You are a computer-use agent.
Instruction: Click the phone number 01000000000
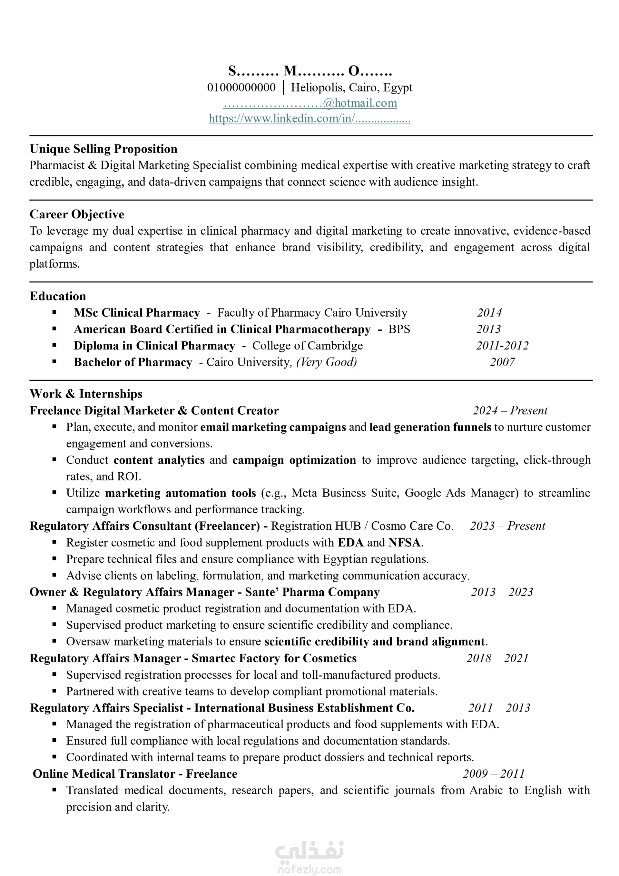click(241, 87)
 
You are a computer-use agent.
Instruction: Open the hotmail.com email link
click(310, 103)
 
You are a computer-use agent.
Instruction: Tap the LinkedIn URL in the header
click(309, 119)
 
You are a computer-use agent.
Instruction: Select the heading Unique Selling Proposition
click(103, 149)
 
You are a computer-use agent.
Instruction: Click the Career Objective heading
click(77, 214)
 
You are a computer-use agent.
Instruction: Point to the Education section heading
click(58, 296)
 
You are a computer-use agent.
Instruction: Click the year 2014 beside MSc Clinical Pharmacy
click(489, 313)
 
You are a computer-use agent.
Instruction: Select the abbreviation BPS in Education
click(399, 329)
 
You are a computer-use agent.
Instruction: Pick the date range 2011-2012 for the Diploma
click(502, 346)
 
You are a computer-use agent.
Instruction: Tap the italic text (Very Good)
click(326, 362)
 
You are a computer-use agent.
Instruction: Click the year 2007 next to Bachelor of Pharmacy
click(502, 362)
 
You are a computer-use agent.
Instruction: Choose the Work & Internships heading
click(86, 394)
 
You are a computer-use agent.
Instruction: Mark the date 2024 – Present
click(510, 410)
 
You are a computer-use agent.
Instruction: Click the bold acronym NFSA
click(405, 543)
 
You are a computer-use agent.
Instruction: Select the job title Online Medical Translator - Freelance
click(135, 774)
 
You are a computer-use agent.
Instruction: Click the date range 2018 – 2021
click(497, 658)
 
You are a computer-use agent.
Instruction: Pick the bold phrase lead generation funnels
click(430, 427)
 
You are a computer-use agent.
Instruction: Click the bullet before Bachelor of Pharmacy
click(54, 362)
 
